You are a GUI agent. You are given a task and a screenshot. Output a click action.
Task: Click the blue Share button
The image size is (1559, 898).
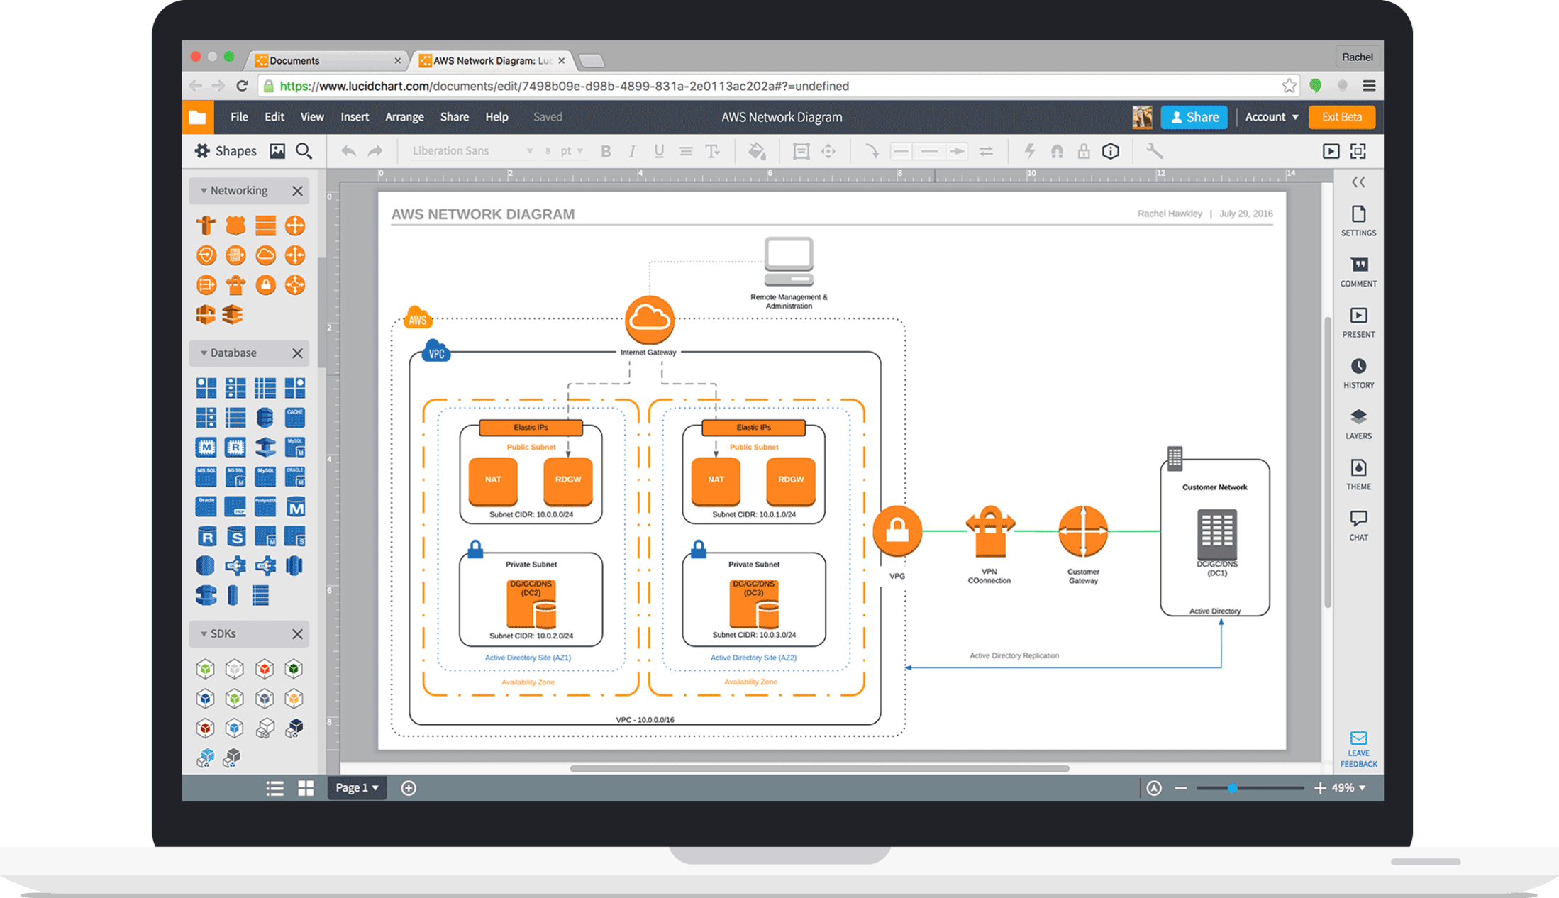pyautogui.click(x=1194, y=117)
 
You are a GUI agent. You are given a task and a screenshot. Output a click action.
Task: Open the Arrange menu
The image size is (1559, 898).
pyautogui.click(x=404, y=117)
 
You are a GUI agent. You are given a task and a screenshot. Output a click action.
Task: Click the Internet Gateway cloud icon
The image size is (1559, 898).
pyautogui.click(x=649, y=320)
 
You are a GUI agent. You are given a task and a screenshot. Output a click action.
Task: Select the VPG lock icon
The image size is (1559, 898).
pyautogui.click(x=897, y=531)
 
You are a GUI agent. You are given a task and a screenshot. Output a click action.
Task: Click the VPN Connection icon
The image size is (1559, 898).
pyautogui.click(x=989, y=532)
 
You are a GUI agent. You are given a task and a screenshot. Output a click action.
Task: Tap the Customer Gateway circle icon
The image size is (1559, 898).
pyautogui.click(x=1082, y=531)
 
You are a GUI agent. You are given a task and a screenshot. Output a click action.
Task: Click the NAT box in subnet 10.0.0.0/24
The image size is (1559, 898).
pyautogui.click(x=493, y=480)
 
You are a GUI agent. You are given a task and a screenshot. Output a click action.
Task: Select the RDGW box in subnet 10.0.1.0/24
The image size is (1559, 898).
pyautogui.click(x=790, y=480)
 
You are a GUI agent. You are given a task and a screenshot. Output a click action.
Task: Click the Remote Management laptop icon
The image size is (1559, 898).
pyautogui.click(x=789, y=260)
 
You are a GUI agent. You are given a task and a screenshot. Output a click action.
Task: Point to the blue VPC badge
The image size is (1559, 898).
pyautogui.click(x=435, y=352)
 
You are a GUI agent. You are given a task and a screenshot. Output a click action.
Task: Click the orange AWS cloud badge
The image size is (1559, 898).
pyautogui.click(x=418, y=318)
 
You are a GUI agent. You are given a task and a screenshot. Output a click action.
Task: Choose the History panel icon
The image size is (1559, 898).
pyautogui.click(x=1358, y=372)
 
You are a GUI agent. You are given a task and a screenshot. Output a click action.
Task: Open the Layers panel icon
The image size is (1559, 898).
pyautogui.click(x=1358, y=423)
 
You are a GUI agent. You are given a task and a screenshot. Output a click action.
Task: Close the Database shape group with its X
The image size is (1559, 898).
pyautogui.click(x=297, y=353)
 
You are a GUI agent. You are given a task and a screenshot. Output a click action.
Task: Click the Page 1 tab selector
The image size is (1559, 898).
pyautogui.click(x=356, y=787)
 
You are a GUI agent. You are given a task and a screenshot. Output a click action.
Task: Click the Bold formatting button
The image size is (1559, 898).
pyautogui.click(x=605, y=151)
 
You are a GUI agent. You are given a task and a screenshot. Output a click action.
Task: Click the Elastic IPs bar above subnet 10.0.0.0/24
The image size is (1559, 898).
pyautogui.click(x=531, y=427)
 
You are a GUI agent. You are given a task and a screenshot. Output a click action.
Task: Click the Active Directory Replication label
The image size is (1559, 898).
pyautogui.click(x=1014, y=655)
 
